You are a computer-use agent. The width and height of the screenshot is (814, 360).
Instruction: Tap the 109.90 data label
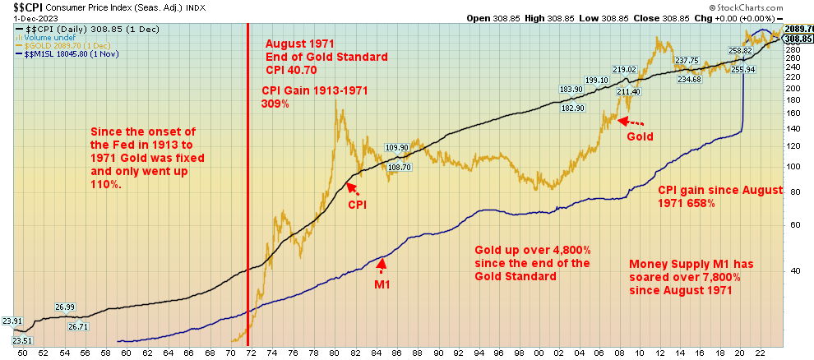coord(397,148)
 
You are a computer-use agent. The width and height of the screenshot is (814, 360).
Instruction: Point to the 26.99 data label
coord(66,307)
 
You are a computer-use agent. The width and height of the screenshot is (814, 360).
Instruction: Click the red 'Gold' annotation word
coord(640,136)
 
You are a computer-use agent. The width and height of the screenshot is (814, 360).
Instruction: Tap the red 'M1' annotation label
coord(382,284)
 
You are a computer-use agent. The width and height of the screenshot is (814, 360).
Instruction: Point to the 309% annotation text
coord(275,105)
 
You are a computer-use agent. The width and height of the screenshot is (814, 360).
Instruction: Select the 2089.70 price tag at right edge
coord(799,29)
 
